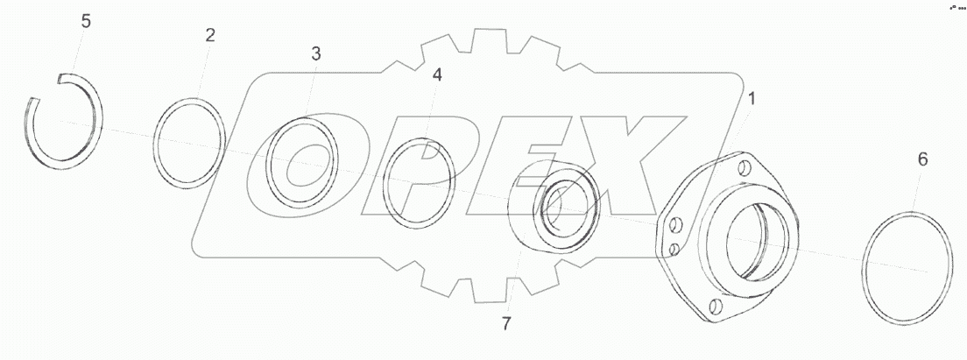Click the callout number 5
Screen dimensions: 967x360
coord(86,22)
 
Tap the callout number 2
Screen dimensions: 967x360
coord(210,35)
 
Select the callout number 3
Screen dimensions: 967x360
coord(315,53)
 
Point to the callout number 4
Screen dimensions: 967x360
coord(437,75)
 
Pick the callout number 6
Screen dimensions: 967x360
coord(922,159)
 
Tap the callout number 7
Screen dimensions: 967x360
coord(506,324)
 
